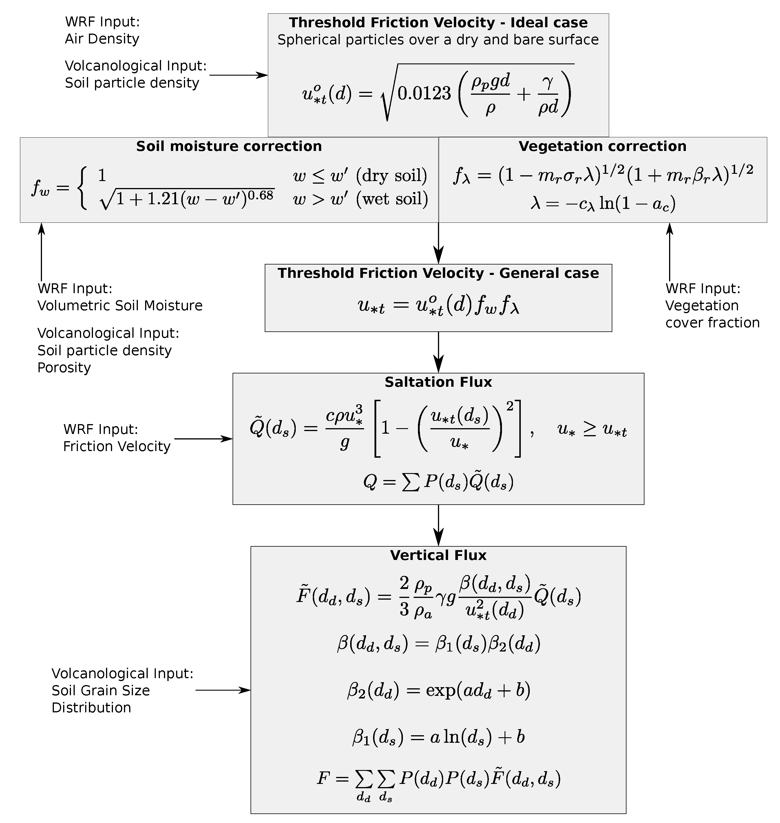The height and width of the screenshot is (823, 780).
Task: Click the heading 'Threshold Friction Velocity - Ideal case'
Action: tap(438, 23)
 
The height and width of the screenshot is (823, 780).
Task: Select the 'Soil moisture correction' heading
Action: tap(229, 146)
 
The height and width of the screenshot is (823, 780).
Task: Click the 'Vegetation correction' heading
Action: tap(602, 146)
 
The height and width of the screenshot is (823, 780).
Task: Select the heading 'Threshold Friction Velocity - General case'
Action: tap(438, 273)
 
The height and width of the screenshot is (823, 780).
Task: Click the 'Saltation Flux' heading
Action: tap(438, 382)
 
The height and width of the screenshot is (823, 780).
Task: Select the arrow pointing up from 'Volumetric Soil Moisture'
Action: tap(41, 252)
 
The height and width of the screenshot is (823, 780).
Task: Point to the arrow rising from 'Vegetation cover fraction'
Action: tap(669, 252)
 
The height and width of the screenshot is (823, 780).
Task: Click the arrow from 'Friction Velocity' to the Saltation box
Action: tap(203, 439)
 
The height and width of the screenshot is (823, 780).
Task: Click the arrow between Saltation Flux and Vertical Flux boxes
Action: tap(438, 525)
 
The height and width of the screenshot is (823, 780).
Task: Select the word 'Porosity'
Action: tap(64, 368)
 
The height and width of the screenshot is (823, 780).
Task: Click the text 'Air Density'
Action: tap(102, 39)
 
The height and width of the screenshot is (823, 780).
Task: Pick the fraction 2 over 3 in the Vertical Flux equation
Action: tap(404, 597)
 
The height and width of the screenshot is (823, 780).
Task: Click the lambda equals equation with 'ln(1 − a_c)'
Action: tap(603, 204)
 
